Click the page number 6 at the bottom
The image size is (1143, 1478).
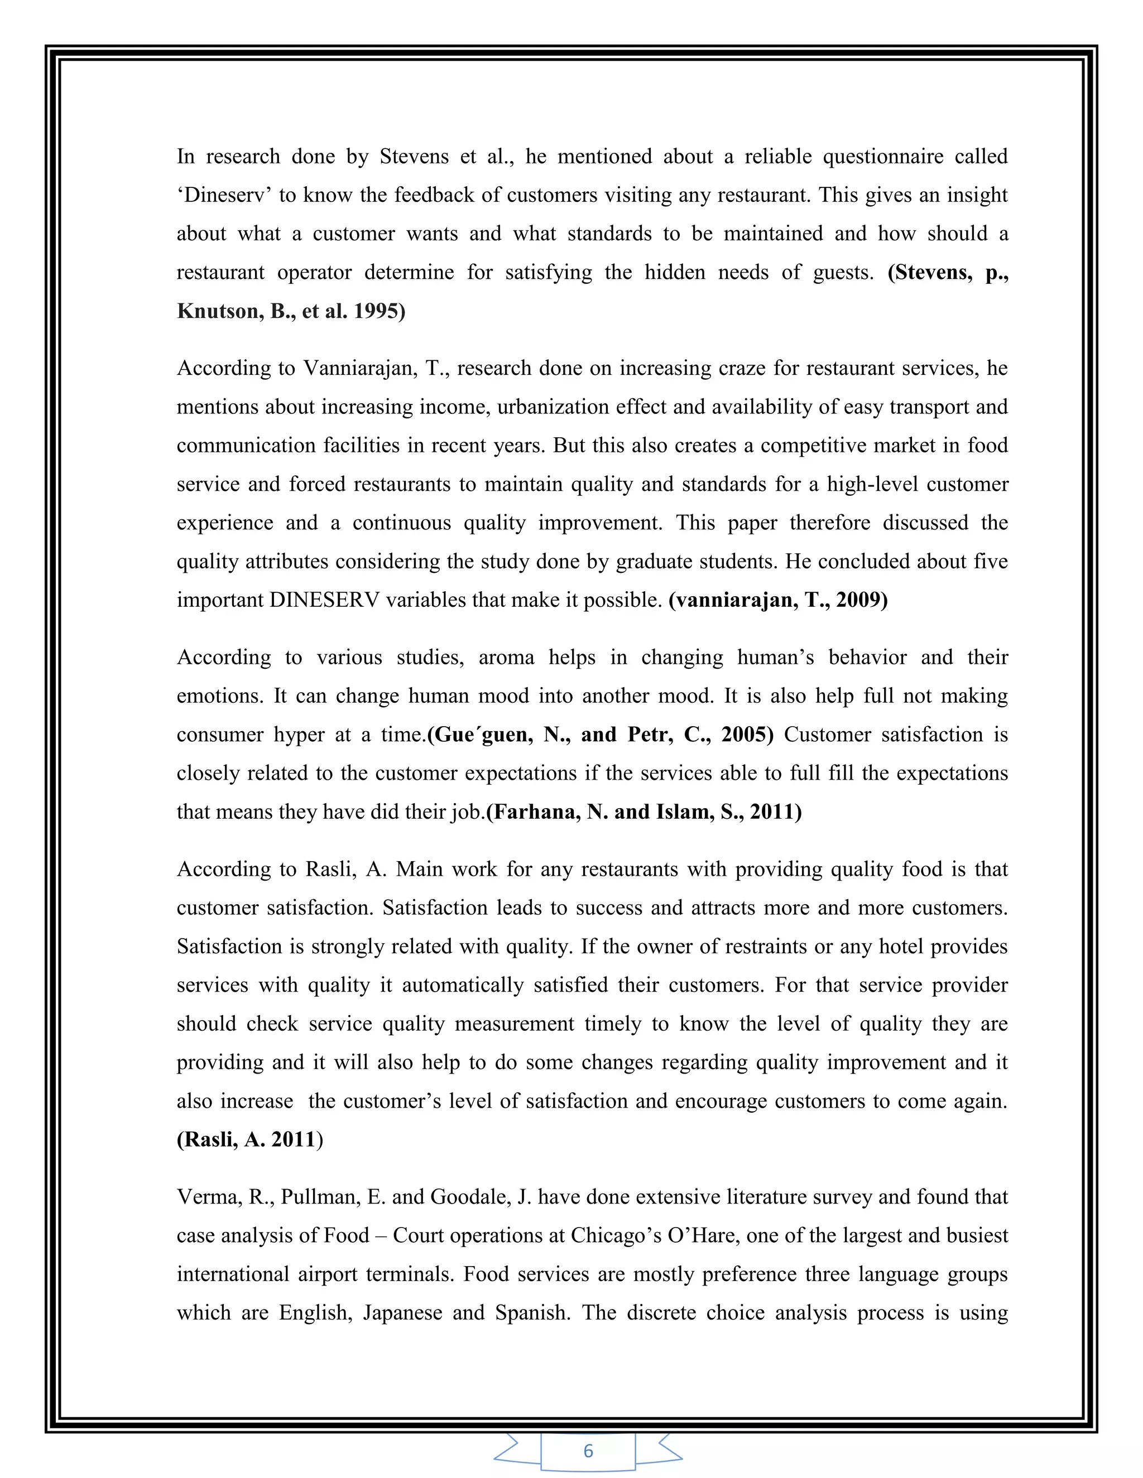[588, 1450]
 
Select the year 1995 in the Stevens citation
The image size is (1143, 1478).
[378, 311]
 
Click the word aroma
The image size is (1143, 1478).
[506, 657]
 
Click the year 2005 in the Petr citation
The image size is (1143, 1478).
[746, 735]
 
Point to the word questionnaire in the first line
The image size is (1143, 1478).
[882, 156]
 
